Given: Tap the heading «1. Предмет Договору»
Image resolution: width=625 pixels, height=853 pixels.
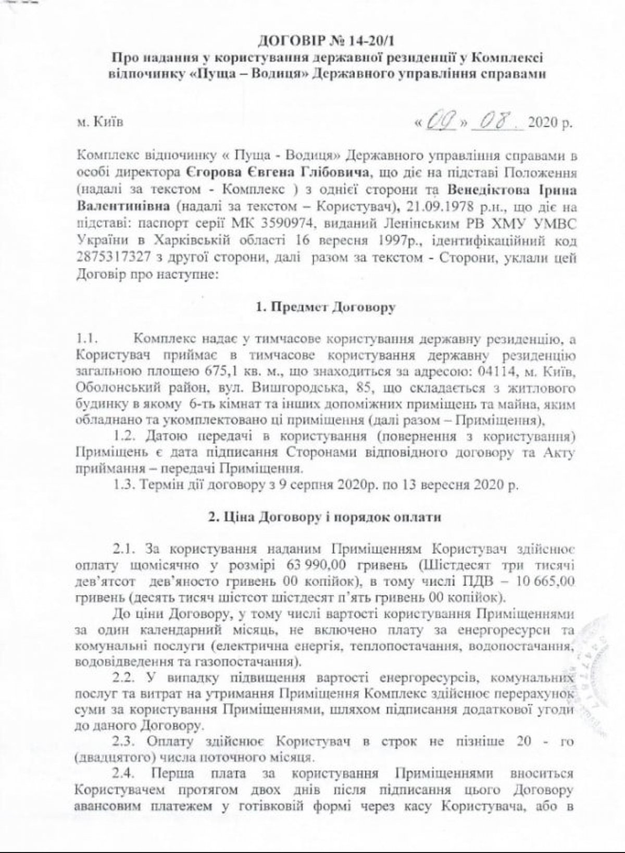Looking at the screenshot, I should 326,307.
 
